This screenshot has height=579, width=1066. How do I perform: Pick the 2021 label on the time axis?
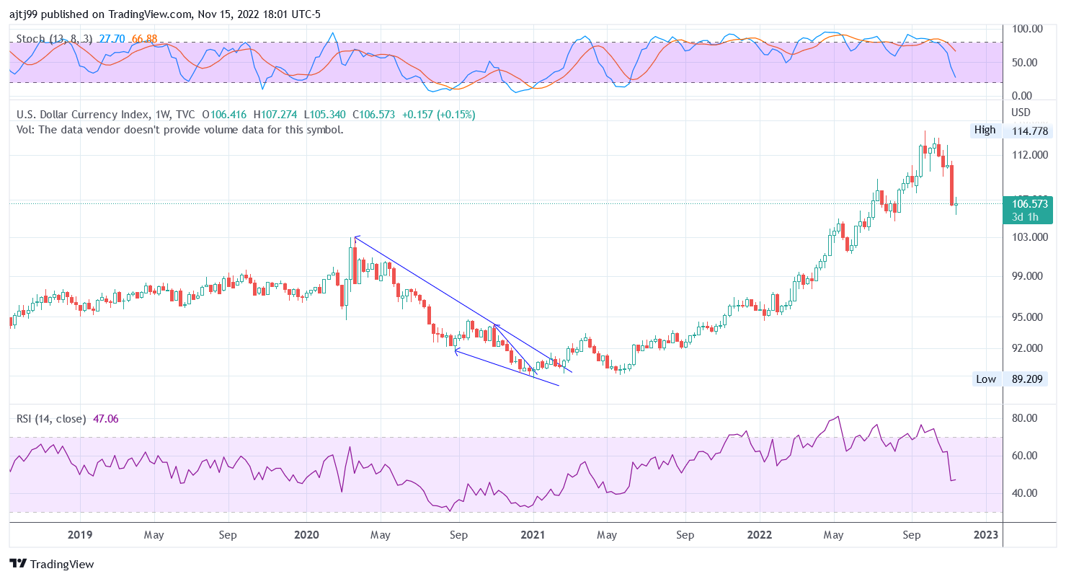click(533, 535)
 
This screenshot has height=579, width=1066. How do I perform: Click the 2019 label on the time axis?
click(79, 535)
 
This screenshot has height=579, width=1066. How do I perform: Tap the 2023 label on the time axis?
click(985, 535)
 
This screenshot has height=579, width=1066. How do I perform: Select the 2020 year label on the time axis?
click(306, 535)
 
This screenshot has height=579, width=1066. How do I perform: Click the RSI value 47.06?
click(106, 418)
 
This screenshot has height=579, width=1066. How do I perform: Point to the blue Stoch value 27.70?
click(112, 38)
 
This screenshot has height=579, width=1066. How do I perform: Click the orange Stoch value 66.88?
click(144, 38)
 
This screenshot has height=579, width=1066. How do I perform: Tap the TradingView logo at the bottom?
click(52, 564)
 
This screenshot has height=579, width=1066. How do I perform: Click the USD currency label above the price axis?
click(1021, 112)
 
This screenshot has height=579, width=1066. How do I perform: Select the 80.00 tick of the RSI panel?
click(1025, 418)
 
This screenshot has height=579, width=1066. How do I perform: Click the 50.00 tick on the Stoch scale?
click(1025, 62)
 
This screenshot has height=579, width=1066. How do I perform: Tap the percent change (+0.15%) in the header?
click(455, 115)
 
